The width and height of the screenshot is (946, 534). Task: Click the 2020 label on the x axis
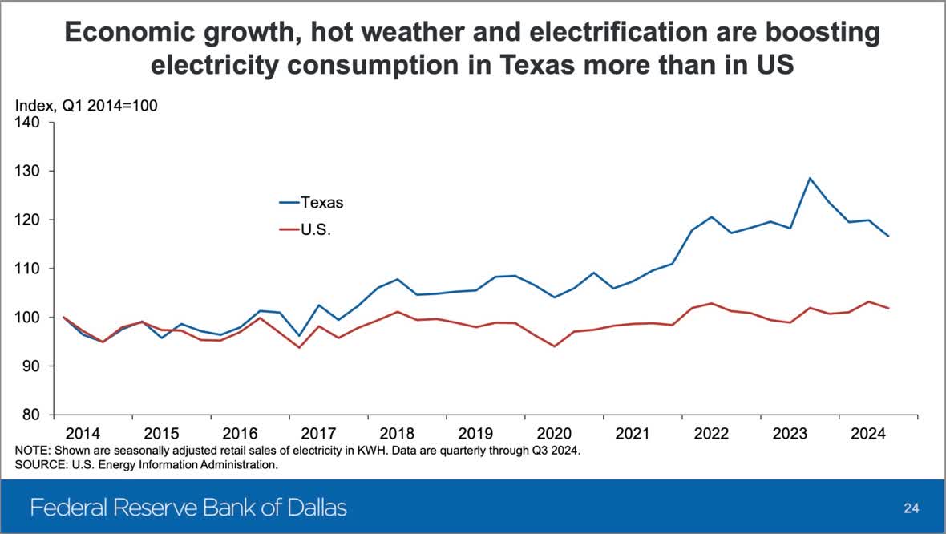click(x=554, y=434)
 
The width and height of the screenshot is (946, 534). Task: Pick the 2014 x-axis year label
click(x=83, y=434)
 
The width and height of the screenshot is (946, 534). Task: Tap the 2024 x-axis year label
click(x=869, y=434)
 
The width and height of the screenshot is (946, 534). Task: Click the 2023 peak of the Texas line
click(x=810, y=178)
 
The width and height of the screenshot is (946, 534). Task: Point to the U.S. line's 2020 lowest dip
click(x=554, y=346)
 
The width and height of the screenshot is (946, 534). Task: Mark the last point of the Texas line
click(x=888, y=237)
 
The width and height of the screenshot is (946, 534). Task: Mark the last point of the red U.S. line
click(x=888, y=308)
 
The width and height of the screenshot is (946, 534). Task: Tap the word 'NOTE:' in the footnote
click(x=33, y=451)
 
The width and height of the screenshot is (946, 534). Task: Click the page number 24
click(x=912, y=508)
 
